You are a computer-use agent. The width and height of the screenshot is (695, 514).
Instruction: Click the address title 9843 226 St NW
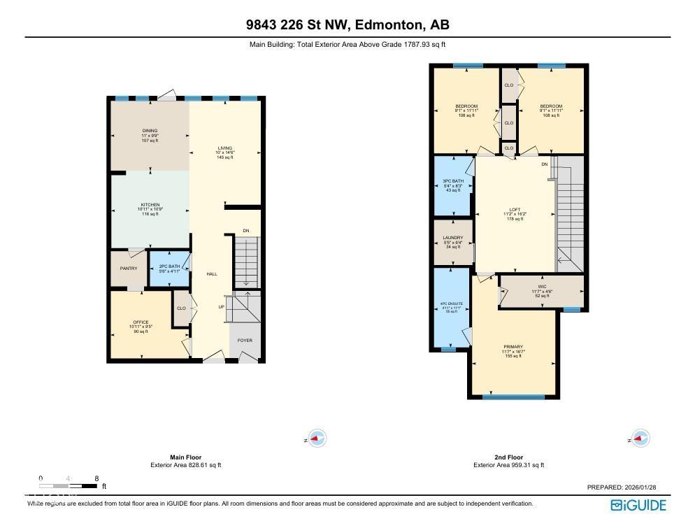(347, 25)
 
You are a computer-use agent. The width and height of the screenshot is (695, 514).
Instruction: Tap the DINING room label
(150, 131)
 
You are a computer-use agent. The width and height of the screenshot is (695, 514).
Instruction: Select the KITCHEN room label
(150, 205)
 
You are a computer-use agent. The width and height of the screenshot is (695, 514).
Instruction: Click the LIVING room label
(224, 148)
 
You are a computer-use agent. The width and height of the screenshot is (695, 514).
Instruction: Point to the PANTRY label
(129, 269)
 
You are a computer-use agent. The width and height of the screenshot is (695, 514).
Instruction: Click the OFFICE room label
(141, 322)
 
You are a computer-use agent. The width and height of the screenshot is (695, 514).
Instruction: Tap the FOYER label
(244, 341)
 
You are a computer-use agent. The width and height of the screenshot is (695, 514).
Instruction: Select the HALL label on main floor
(211, 274)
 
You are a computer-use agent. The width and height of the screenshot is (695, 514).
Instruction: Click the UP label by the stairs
(222, 306)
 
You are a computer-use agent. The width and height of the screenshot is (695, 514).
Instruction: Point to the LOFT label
(515, 210)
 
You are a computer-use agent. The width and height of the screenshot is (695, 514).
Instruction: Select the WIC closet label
(542, 287)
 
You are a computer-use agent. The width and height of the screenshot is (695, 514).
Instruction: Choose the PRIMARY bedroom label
(513, 347)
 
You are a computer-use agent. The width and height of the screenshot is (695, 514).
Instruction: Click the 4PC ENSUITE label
(451, 304)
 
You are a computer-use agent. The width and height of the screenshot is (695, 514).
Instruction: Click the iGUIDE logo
(638, 505)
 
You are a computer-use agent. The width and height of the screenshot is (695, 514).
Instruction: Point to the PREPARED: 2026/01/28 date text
(626, 487)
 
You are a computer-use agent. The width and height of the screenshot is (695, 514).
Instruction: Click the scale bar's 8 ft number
(96, 478)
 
